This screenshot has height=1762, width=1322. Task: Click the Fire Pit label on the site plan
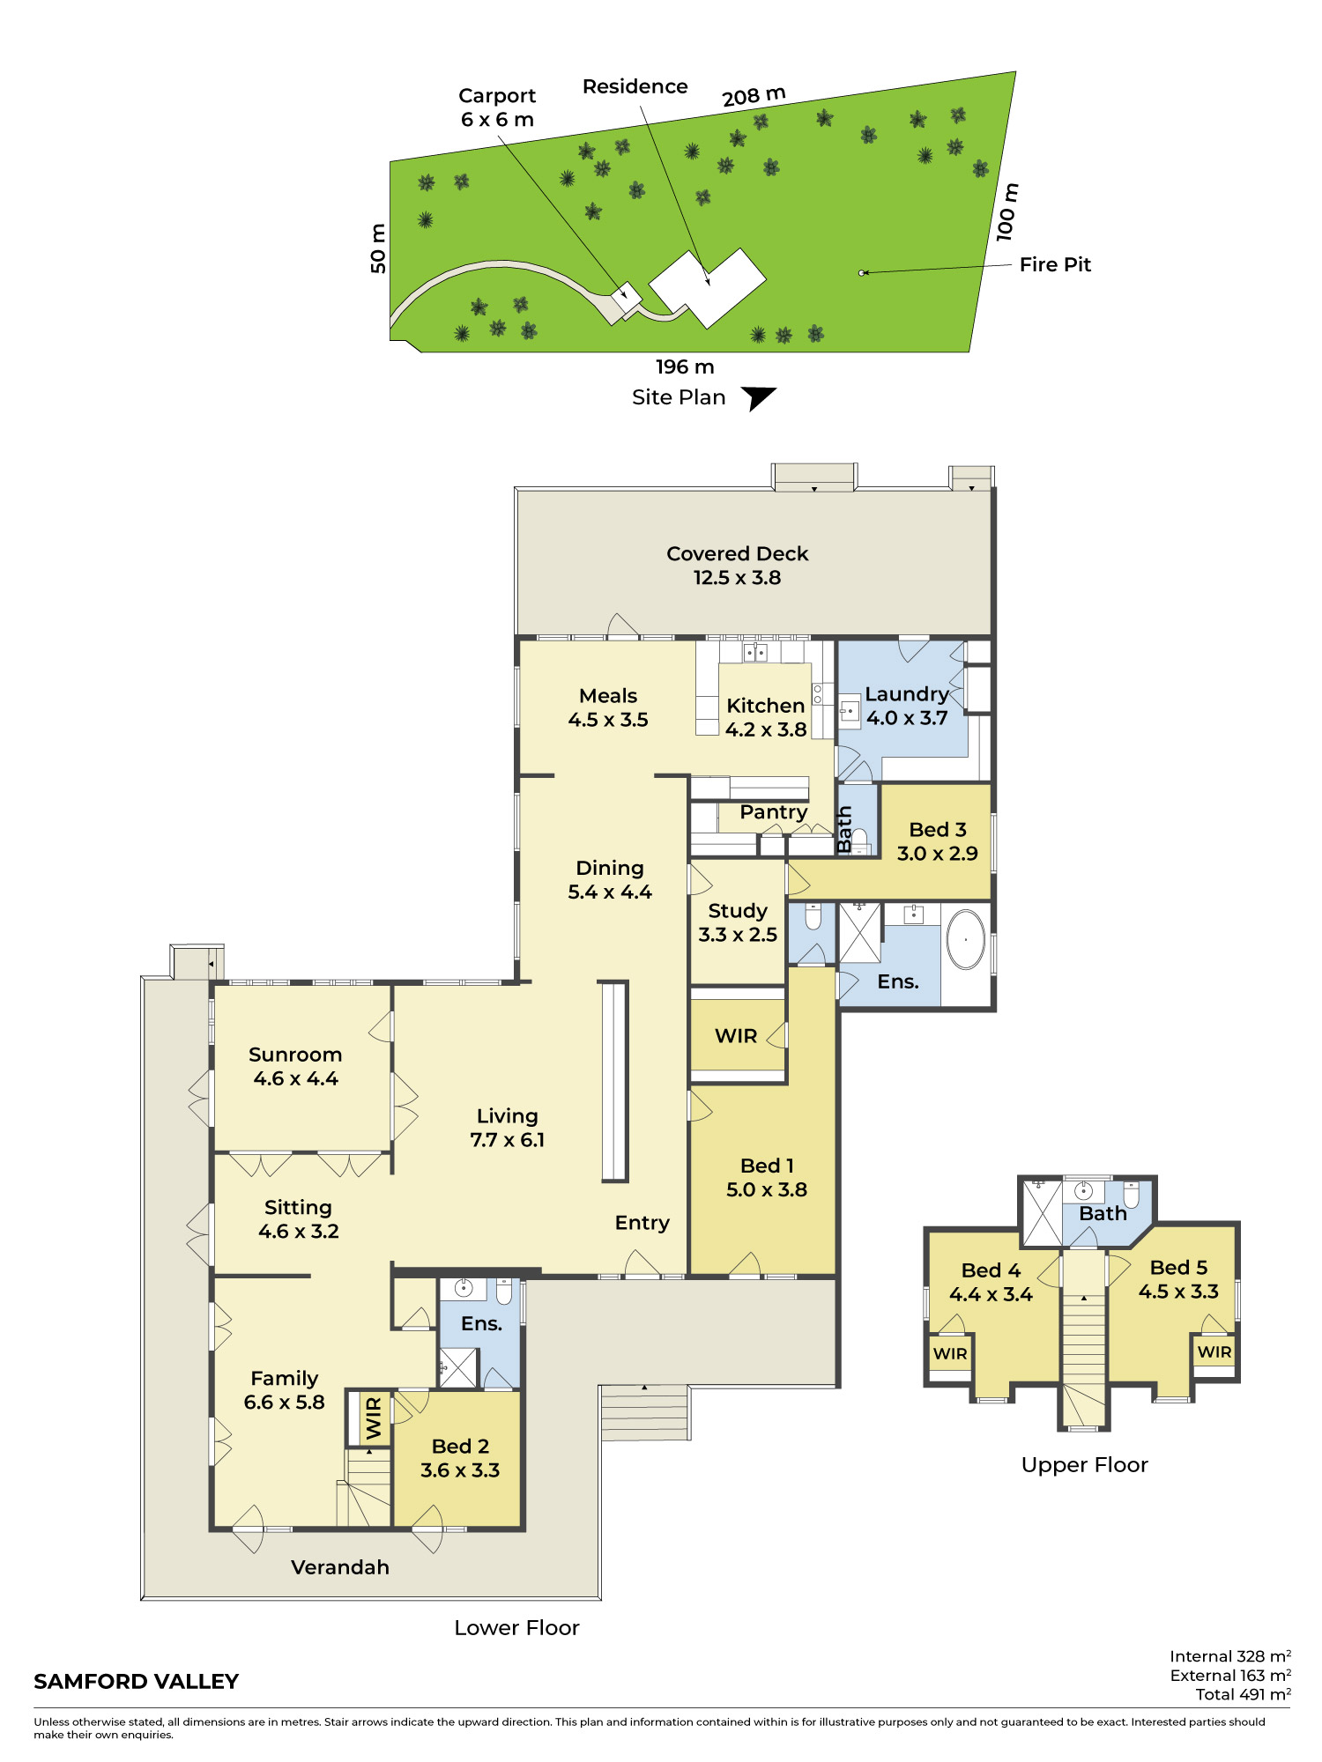[1055, 264]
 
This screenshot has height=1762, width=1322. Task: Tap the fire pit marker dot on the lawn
[861, 273]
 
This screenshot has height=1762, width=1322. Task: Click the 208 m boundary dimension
[754, 96]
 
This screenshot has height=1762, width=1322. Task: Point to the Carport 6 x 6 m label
[497, 107]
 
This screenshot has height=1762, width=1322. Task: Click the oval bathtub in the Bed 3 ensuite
[966, 939]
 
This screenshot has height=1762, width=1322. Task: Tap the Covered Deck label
[737, 566]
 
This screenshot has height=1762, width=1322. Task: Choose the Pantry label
[774, 812]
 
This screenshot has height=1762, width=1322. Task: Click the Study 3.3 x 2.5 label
[738, 922]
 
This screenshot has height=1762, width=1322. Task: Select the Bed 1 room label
[767, 1178]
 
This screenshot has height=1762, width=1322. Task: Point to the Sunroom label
[295, 1066]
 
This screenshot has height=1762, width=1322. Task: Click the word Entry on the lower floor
[642, 1223]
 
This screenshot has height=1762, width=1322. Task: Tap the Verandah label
[340, 1567]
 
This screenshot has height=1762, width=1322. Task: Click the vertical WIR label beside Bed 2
[374, 1418]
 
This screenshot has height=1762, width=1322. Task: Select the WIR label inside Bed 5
[1214, 1351]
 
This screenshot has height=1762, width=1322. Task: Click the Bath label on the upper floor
[1103, 1214]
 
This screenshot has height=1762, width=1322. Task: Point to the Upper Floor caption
[1085, 1465]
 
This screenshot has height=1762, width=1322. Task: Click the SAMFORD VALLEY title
[137, 1682]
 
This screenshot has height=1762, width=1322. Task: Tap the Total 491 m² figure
[1244, 1694]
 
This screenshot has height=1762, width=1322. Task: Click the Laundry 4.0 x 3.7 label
[907, 706]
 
